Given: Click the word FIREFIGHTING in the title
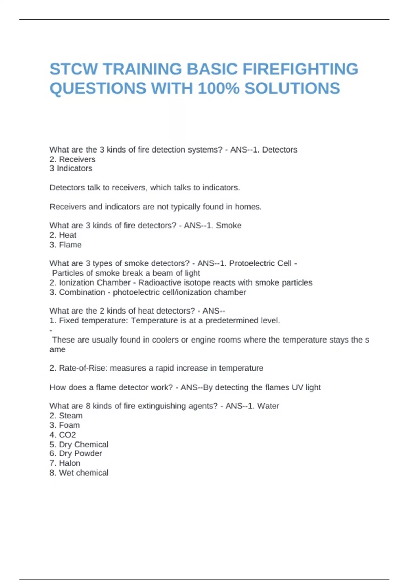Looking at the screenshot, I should (x=300, y=69).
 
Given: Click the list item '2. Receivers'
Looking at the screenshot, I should (x=72, y=159).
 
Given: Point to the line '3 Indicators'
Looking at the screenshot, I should (x=71, y=169).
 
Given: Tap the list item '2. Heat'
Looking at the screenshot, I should (x=63, y=235).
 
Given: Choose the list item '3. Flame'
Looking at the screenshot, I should (x=65, y=245).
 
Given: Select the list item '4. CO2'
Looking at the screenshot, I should (x=63, y=435).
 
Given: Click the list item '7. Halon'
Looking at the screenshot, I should (x=65, y=463).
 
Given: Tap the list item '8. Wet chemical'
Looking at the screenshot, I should (x=79, y=473).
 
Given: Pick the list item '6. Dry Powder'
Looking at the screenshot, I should (x=76, y=454).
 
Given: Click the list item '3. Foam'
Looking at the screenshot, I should (x=65, y=425).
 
